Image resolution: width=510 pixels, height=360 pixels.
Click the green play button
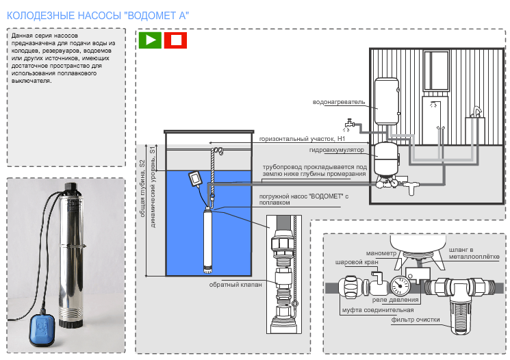(151, 40)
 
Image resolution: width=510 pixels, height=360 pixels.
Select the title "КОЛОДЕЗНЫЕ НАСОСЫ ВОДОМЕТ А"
(98, 13)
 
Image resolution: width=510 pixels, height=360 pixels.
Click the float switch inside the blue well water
(194, 178)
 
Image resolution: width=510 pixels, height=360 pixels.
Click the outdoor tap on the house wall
(349, 125)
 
